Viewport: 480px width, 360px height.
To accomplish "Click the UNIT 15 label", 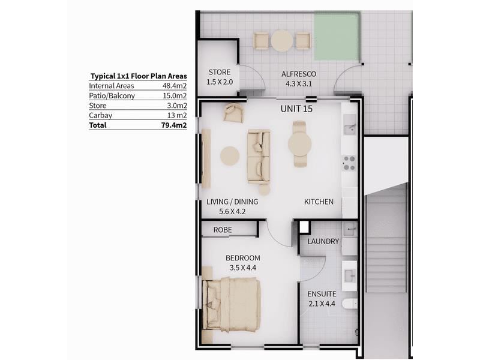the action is click(x=296, y=109).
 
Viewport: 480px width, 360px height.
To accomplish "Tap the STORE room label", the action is click(x=220, y=72).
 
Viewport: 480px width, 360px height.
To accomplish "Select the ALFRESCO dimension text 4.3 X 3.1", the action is click(x=298, y=83).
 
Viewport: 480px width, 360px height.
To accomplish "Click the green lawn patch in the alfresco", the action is click(x=337, y=36).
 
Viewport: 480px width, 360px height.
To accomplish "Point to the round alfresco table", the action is click(x=281, y=41).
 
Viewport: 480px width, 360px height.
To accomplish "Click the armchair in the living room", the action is click(x=234, y=113).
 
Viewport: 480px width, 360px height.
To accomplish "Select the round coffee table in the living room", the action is click(x=230, y=156).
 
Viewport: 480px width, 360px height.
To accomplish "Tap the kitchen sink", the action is click(x=350, y=125).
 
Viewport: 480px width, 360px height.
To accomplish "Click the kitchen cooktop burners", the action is click(x=349, y=163).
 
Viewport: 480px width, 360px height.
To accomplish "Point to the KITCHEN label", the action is click(x=319, y=202).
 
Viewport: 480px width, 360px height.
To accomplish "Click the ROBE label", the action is click(x=223, y=230).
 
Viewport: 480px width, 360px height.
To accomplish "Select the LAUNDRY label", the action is click(x=323, y=242).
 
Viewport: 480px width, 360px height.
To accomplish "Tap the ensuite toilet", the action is click(x=350, y=304).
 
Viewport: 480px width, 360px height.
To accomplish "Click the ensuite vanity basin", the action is click(x=349, y=276).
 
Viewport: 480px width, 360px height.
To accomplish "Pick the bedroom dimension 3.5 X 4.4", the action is click(x=243, y=268).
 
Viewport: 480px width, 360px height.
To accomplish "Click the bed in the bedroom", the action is click(x=232, y=305).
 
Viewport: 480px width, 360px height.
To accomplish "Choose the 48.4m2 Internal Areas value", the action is click(x=175, y=86).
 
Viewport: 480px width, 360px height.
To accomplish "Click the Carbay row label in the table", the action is click(x=100, y=115).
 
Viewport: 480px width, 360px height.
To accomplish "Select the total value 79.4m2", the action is click(x=174, y=125).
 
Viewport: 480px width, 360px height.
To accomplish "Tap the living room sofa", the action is click(x=259, y=157).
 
